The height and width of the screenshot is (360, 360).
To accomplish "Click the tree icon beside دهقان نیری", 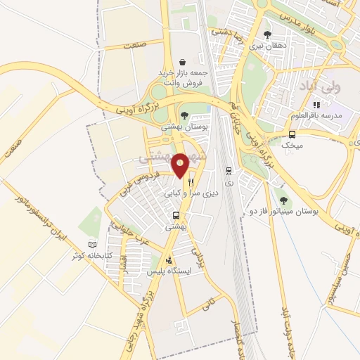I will (x=266, y=34).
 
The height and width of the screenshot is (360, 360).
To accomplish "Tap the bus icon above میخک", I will (x=292, y=134).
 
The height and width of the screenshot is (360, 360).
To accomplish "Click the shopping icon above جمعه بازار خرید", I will (x=184, y=62).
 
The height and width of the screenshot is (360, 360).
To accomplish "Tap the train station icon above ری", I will (x=229, y=170).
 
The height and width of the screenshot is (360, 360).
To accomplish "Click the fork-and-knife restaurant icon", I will (x=190, y=182).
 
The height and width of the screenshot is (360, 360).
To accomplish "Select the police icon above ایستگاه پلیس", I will (x=167, y=259).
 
